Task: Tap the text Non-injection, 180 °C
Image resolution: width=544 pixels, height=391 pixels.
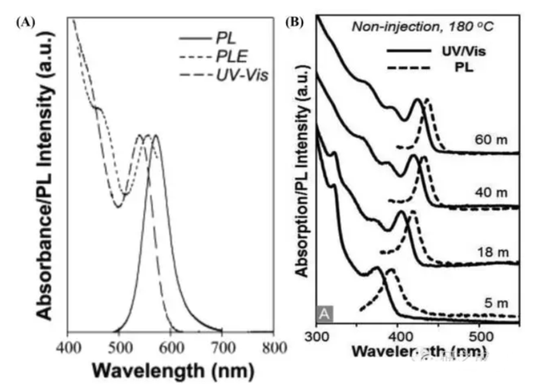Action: click(x=423, y=25)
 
